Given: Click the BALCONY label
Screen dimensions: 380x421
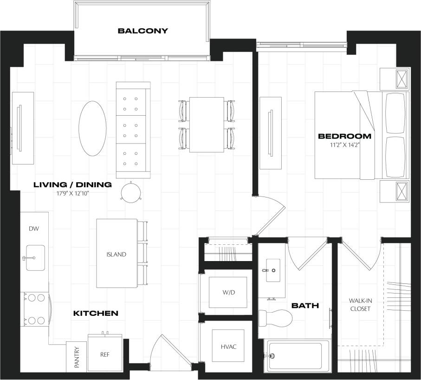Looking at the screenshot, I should click(142, 31).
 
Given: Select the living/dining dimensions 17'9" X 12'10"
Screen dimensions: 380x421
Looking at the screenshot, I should click(72, 193).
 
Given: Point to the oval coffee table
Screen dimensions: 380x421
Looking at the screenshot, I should click(92, 129).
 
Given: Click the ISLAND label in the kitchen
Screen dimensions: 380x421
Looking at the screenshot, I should click(116, 254).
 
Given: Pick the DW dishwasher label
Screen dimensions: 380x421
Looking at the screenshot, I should click(34, 229).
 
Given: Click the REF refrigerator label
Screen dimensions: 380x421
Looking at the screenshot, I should click(105, 354).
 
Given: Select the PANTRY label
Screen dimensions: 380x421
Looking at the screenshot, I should click(77, 357).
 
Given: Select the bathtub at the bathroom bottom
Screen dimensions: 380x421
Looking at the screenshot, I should click(297, 356).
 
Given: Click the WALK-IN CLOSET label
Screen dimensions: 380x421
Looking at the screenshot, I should click(361, 305).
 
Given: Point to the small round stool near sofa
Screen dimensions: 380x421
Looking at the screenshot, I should click(130, 191).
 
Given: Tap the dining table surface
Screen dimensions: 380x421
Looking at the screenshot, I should click(207, 124).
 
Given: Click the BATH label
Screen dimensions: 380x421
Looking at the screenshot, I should click(305, 306).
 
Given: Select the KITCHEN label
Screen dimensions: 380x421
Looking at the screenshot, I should click(96, 314).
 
